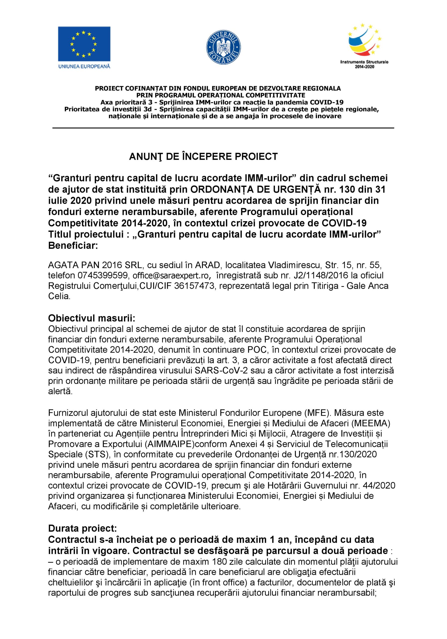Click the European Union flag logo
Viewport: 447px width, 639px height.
(84, 44)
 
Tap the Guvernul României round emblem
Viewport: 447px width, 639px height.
(223, 46)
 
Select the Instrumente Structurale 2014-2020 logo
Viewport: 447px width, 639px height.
(364, 46)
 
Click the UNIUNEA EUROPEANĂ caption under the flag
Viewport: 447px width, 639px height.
(84, 66)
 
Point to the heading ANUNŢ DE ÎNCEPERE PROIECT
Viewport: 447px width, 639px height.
(203, 157)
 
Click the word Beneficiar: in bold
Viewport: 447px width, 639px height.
(73, 246)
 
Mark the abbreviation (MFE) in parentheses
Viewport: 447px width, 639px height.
(300, 413)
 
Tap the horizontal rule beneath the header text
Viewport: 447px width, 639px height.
(223, 128)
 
